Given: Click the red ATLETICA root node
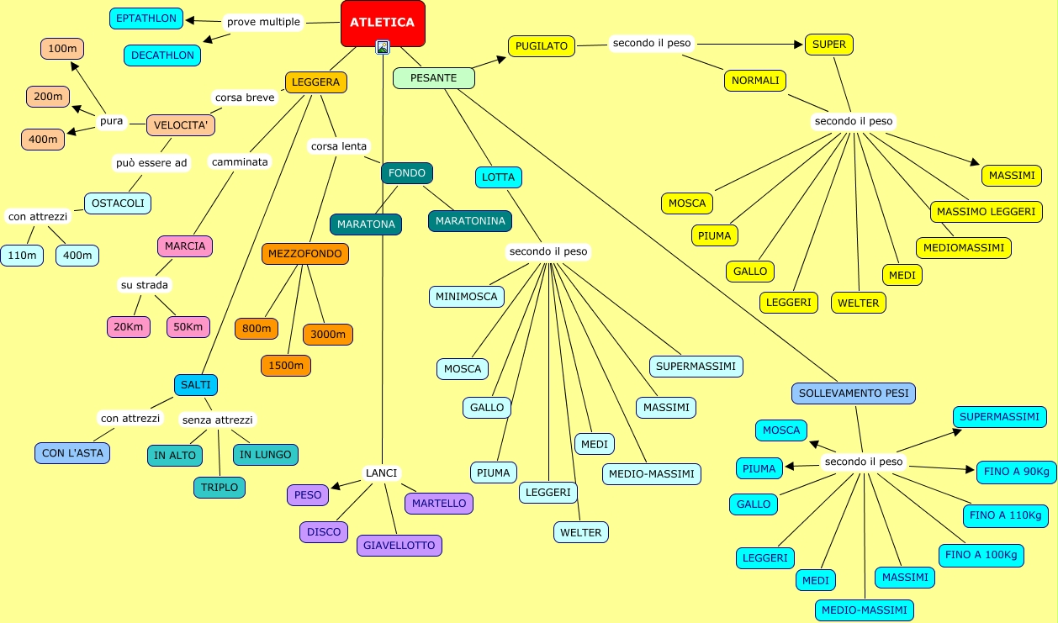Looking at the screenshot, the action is point(383,24).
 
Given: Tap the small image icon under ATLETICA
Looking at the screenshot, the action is point(383,47).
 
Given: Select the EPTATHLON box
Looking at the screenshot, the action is point(146,18).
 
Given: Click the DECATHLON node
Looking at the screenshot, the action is point(162,55).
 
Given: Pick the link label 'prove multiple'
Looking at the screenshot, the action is point(263,22).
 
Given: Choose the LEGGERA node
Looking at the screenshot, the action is point(316,82).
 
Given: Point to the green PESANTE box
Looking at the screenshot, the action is point(434,78).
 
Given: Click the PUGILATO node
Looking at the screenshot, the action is point(542,46).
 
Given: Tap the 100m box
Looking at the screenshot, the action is point(62,49).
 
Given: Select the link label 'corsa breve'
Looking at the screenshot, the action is point(245,98).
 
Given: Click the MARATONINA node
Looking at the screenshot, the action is point(470,221).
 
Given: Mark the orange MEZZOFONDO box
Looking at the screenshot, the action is point(305,254).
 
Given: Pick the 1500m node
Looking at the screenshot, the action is point(286,366).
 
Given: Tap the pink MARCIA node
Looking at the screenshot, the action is point(185,246).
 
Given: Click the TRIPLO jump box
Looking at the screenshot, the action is point(220,488).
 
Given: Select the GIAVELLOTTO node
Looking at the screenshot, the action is point(399,546).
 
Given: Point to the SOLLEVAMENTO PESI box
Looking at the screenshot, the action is point(854,393).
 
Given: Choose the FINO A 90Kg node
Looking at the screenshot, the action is point(1017,472).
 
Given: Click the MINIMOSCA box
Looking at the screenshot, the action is point(467,297).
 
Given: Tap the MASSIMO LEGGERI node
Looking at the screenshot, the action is point(987,212).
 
